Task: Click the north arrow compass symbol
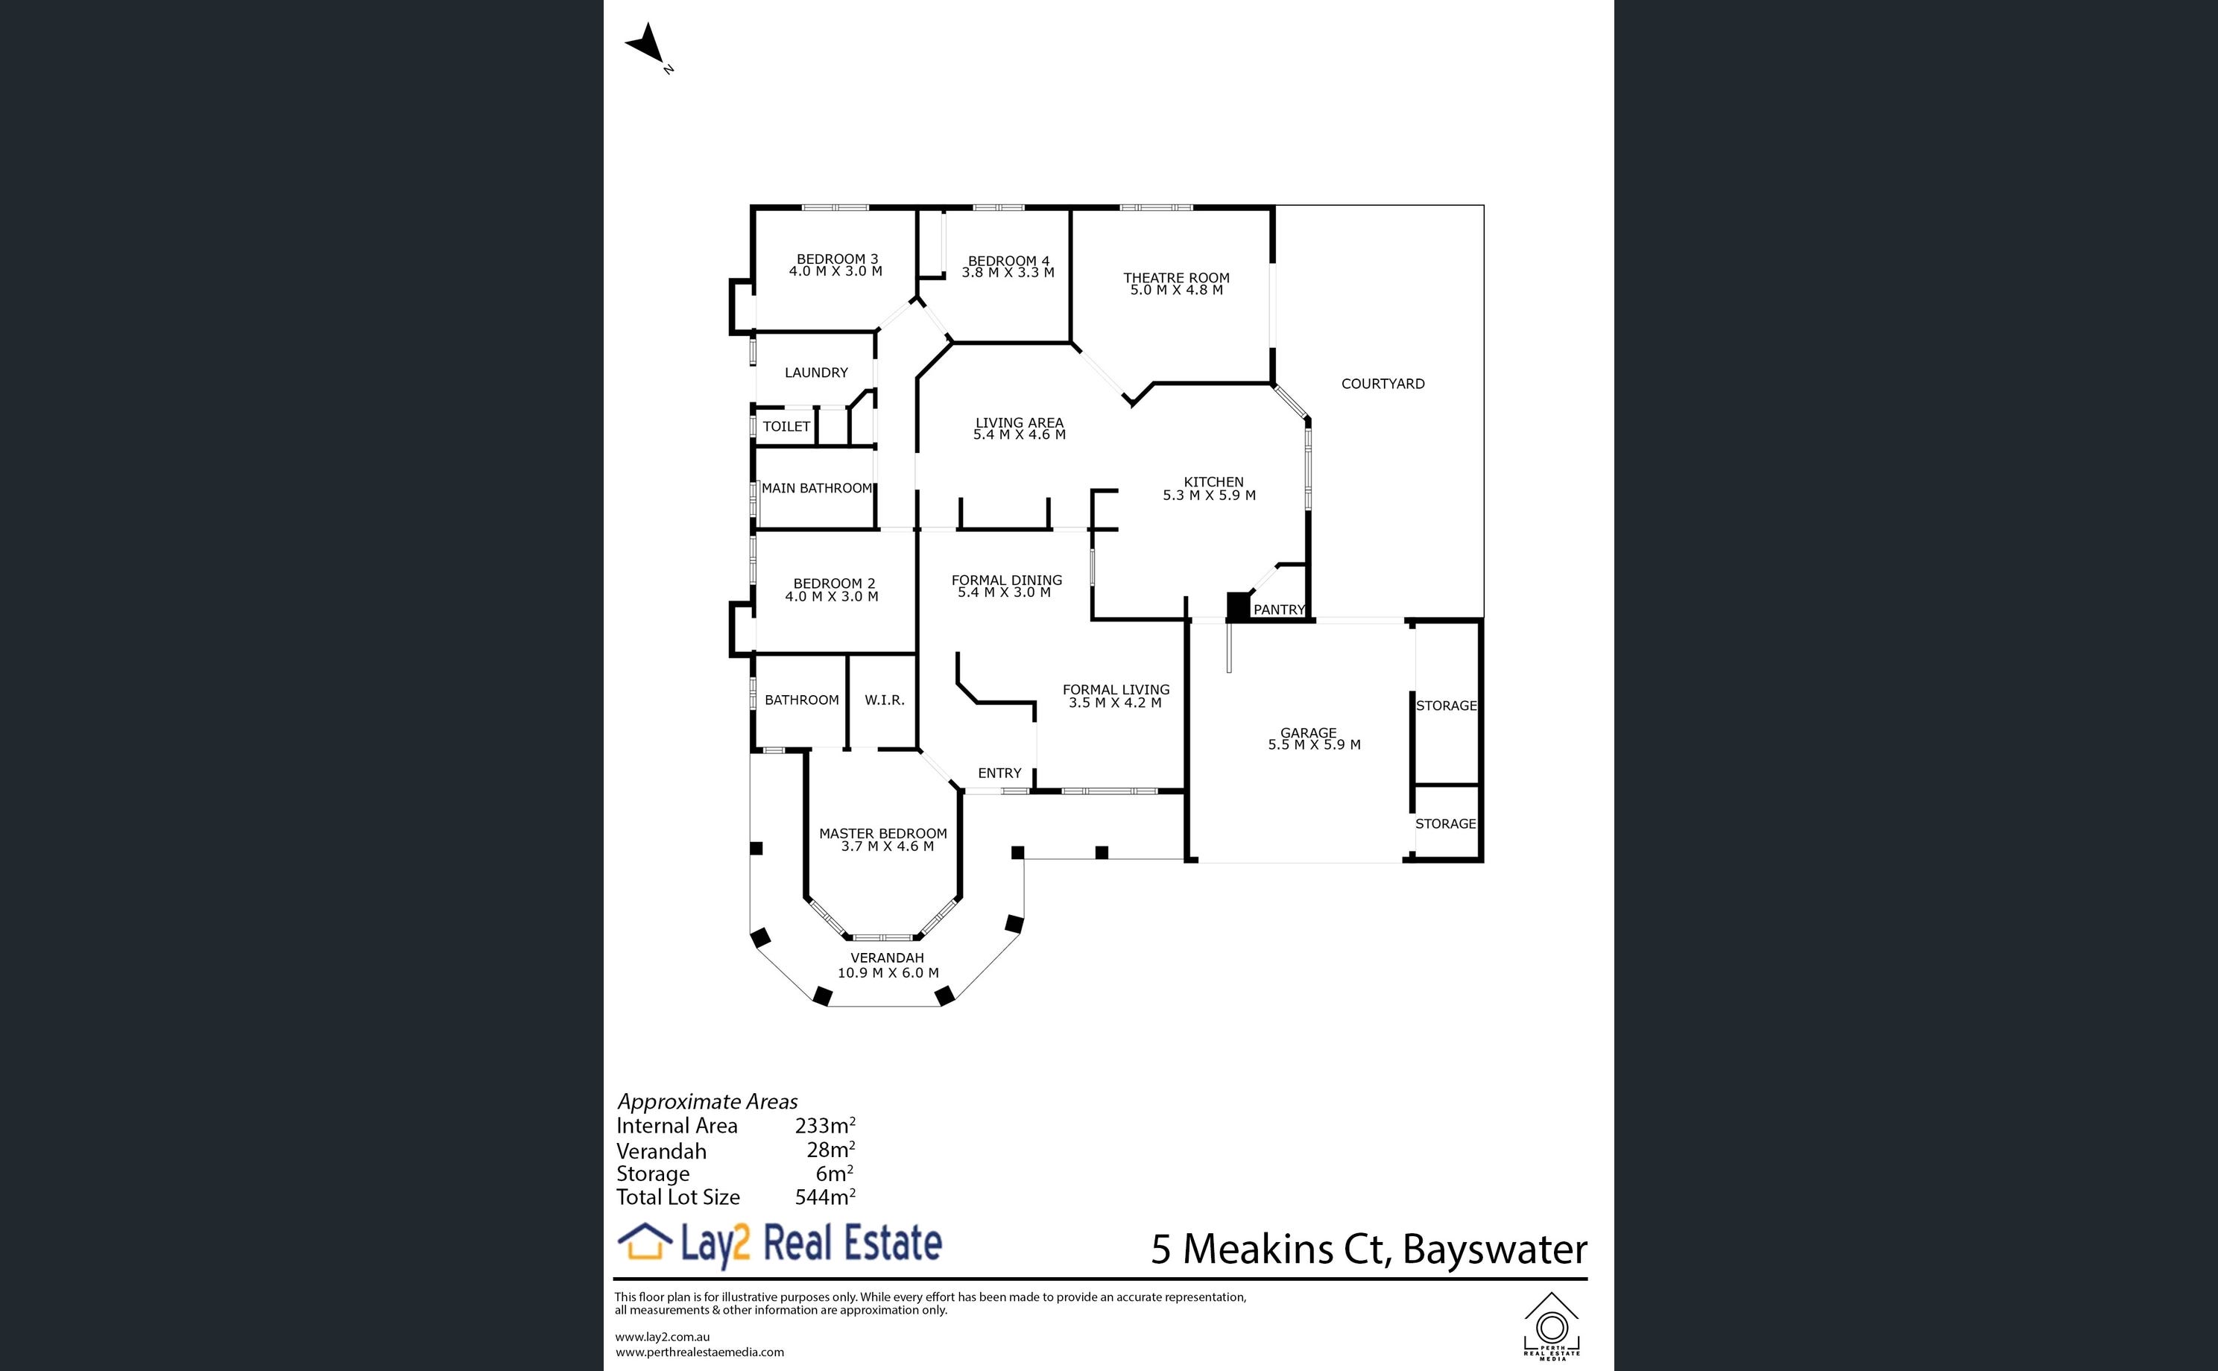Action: pos(648,45)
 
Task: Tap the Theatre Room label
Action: pos(1176,277)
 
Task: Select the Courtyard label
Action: pos(1383,384)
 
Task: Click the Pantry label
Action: pos(1279,609)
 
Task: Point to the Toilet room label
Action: pos(786,426)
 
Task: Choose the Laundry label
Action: pos(816,373)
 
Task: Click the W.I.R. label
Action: pos(884,700)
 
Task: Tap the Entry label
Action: pos(999,773)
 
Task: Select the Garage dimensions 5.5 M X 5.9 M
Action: pos(1314,745)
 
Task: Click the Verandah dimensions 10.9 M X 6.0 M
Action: pos(888,973)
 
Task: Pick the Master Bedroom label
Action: pos(883,833)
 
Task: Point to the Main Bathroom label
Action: pos(817,488)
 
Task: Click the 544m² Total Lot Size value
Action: pos(825,1197)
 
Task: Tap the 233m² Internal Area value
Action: pos(825,1125)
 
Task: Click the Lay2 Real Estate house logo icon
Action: pos(645,1241)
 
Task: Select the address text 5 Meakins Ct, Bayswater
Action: pos(1369,1250)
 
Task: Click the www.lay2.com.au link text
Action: pos(662,1337)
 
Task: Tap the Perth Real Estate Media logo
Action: pos(1552,1326)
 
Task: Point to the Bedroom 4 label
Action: pos(1008,261)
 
